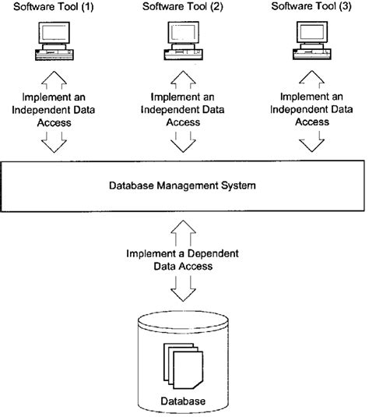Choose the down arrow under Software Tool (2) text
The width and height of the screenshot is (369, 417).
(x=184, y=140)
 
